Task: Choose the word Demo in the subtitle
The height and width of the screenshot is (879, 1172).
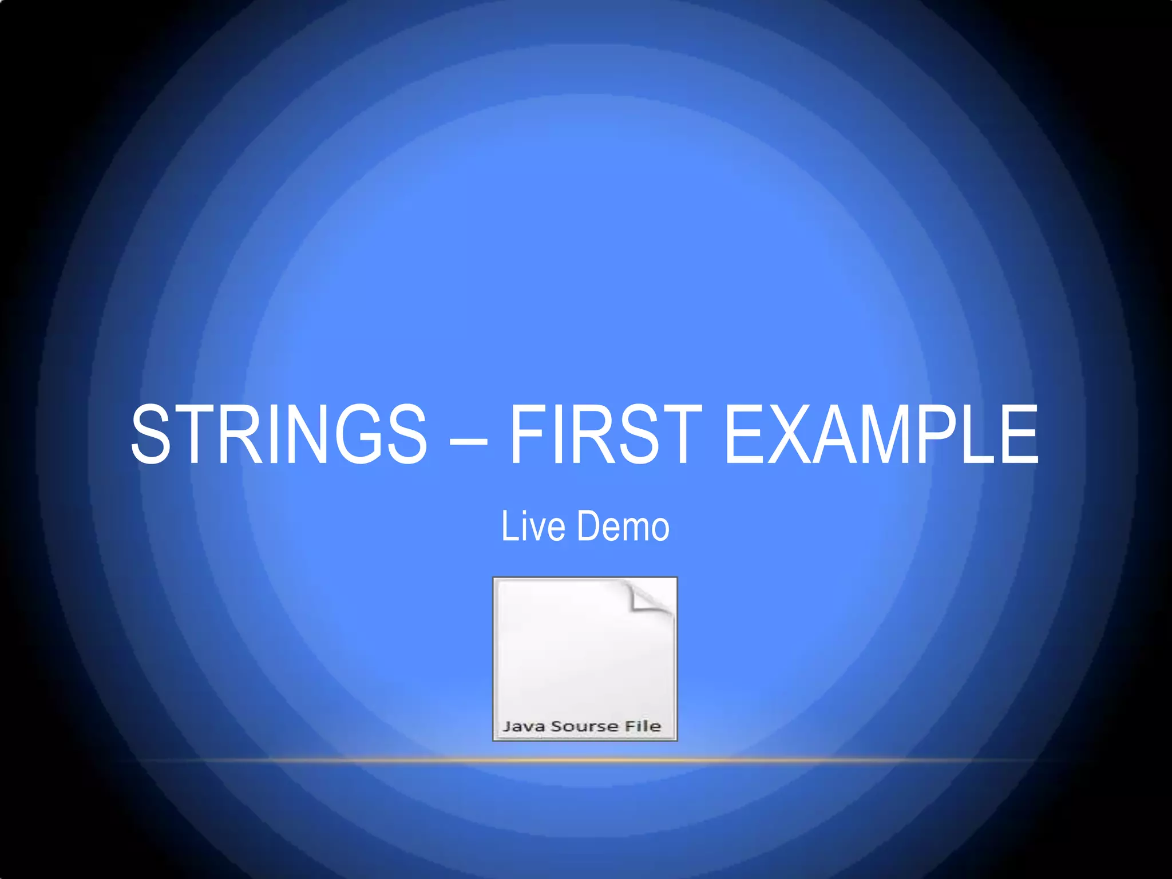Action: coord(623,526)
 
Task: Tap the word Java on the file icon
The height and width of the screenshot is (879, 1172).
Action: coord(524,726)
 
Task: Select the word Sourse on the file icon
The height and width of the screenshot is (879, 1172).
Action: coord(585,726)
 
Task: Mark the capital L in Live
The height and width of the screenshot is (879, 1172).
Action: coord(508,526)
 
